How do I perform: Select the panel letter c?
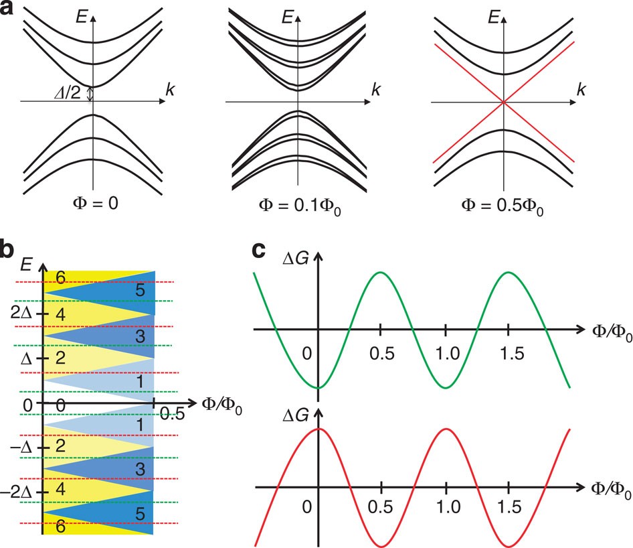coord(262,252)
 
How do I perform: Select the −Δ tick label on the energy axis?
coord(25,447)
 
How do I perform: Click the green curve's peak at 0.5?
coord(380,272)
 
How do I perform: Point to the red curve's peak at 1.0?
coord(445,428)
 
